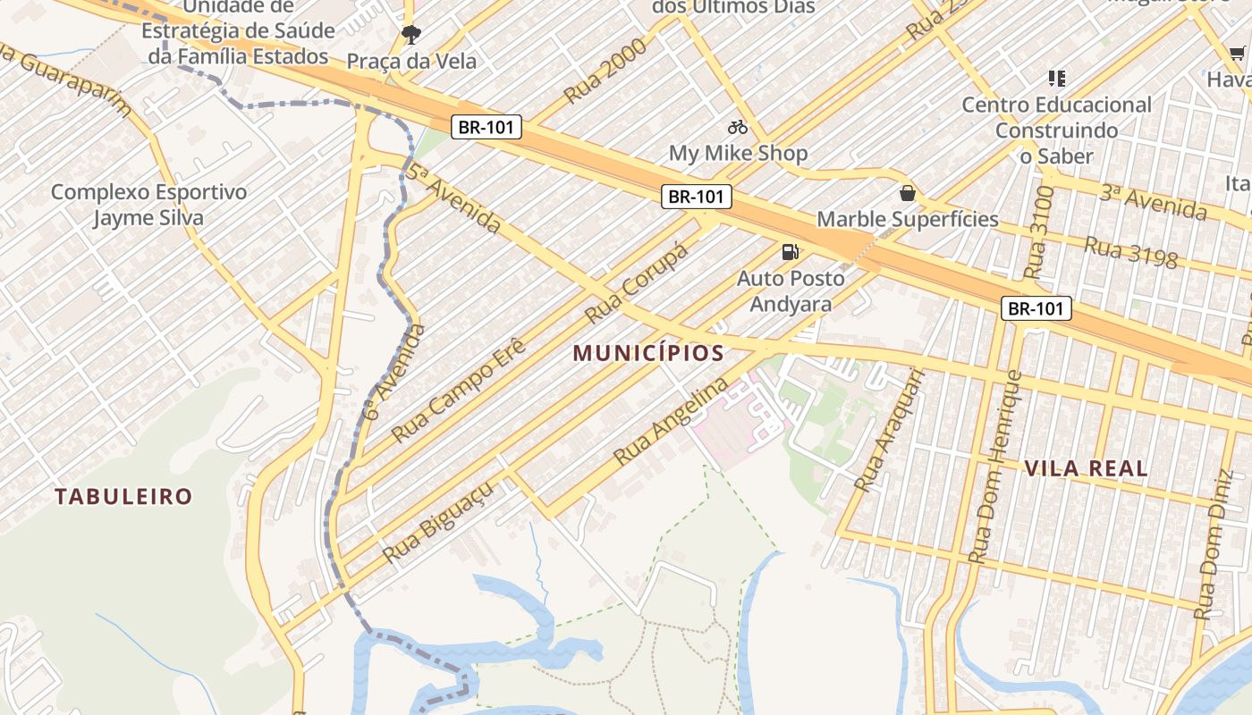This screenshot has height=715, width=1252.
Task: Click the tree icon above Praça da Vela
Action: (411, 35)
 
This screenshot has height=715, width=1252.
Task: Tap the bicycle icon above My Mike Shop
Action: (738, 127)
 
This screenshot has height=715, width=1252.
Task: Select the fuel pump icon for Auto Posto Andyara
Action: (790, 252)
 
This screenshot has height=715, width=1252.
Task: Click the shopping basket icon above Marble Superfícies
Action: (908, 193)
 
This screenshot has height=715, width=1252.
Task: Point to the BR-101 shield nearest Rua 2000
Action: (486, 127)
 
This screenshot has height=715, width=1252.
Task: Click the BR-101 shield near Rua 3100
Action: (1036, 309)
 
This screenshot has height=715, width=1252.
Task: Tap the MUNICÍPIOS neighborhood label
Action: (648, 353)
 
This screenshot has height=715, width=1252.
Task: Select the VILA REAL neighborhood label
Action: (1086, 468)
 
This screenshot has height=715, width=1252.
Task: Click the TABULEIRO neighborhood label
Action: (123, 496)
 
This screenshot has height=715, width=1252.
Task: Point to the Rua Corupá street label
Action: (637, 283)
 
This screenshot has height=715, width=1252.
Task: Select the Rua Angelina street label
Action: (671, 422)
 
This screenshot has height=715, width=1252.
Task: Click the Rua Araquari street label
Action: (887, 432)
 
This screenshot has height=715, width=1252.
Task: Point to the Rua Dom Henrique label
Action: (995, 466)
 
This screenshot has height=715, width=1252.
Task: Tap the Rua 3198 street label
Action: (1130, 252)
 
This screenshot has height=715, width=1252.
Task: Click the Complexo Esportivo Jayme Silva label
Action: (148, 205)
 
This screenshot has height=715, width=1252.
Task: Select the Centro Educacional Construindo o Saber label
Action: (1056, 130)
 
